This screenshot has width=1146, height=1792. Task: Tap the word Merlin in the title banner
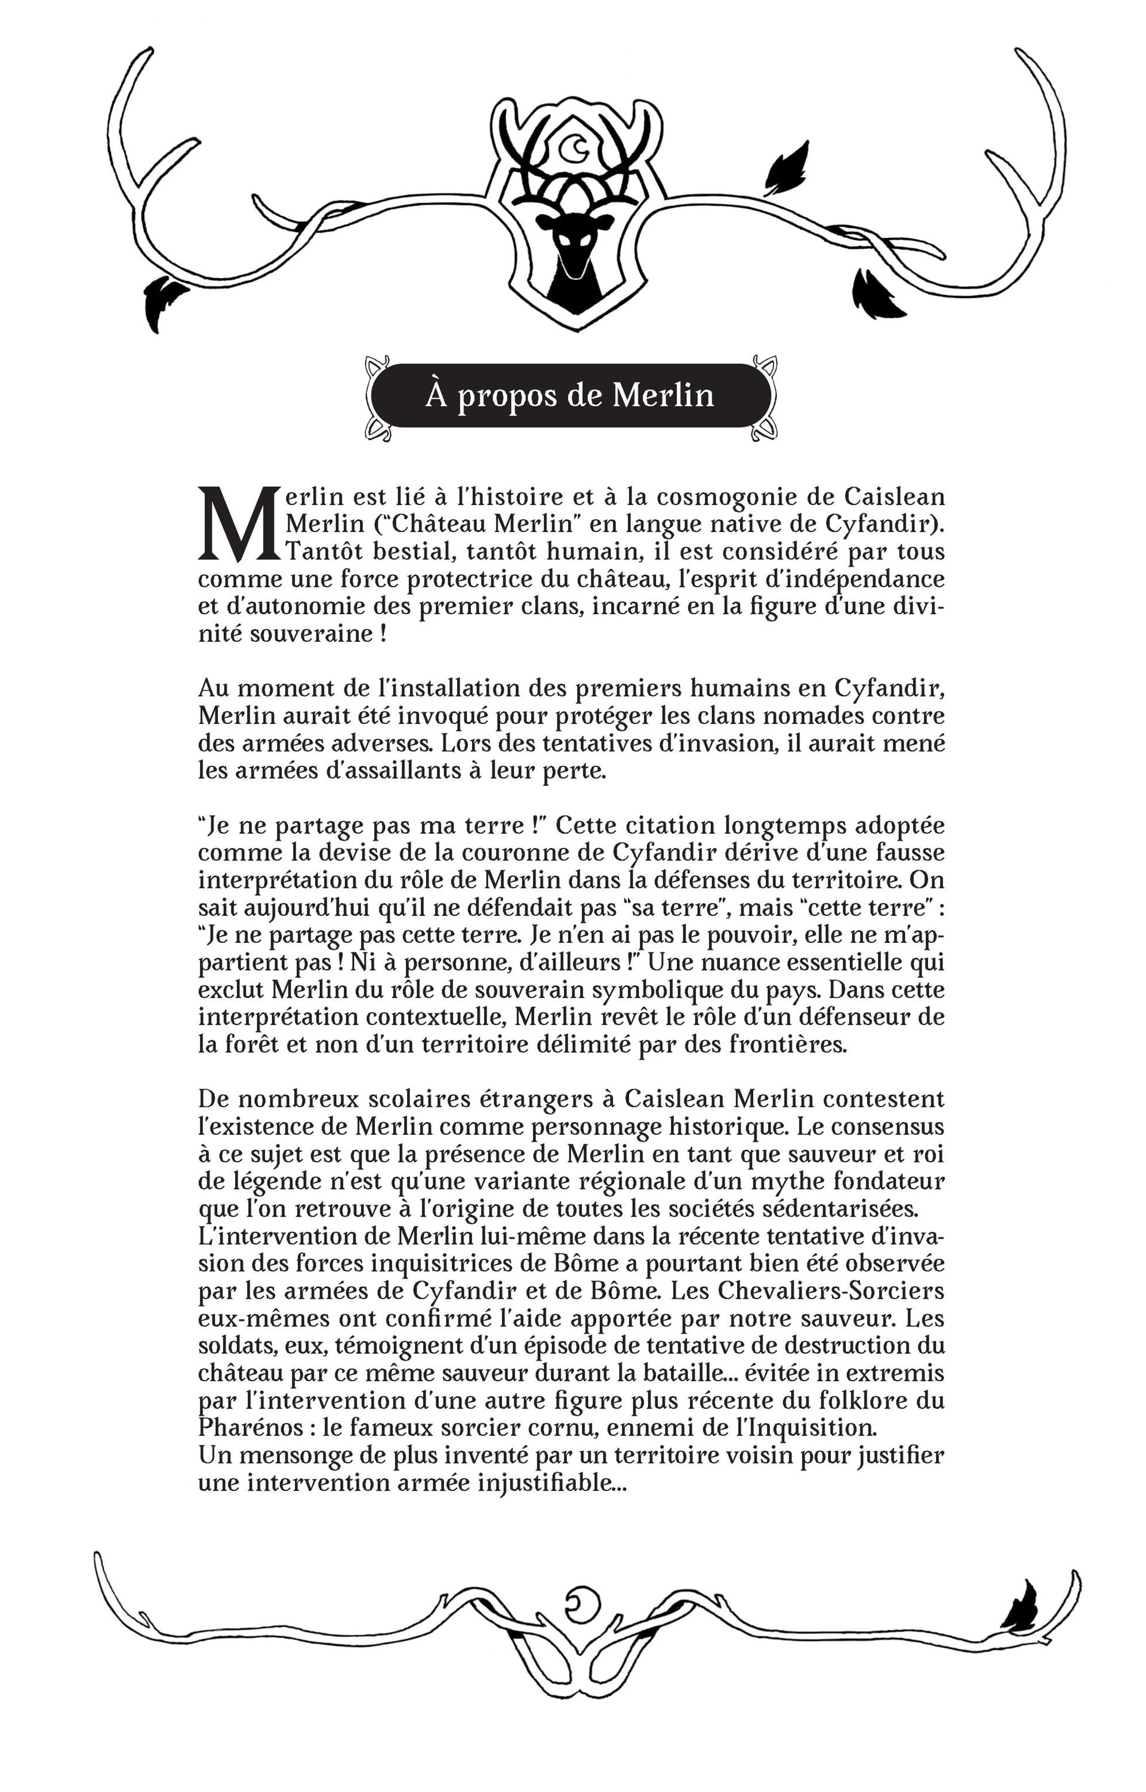(663, 395)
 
